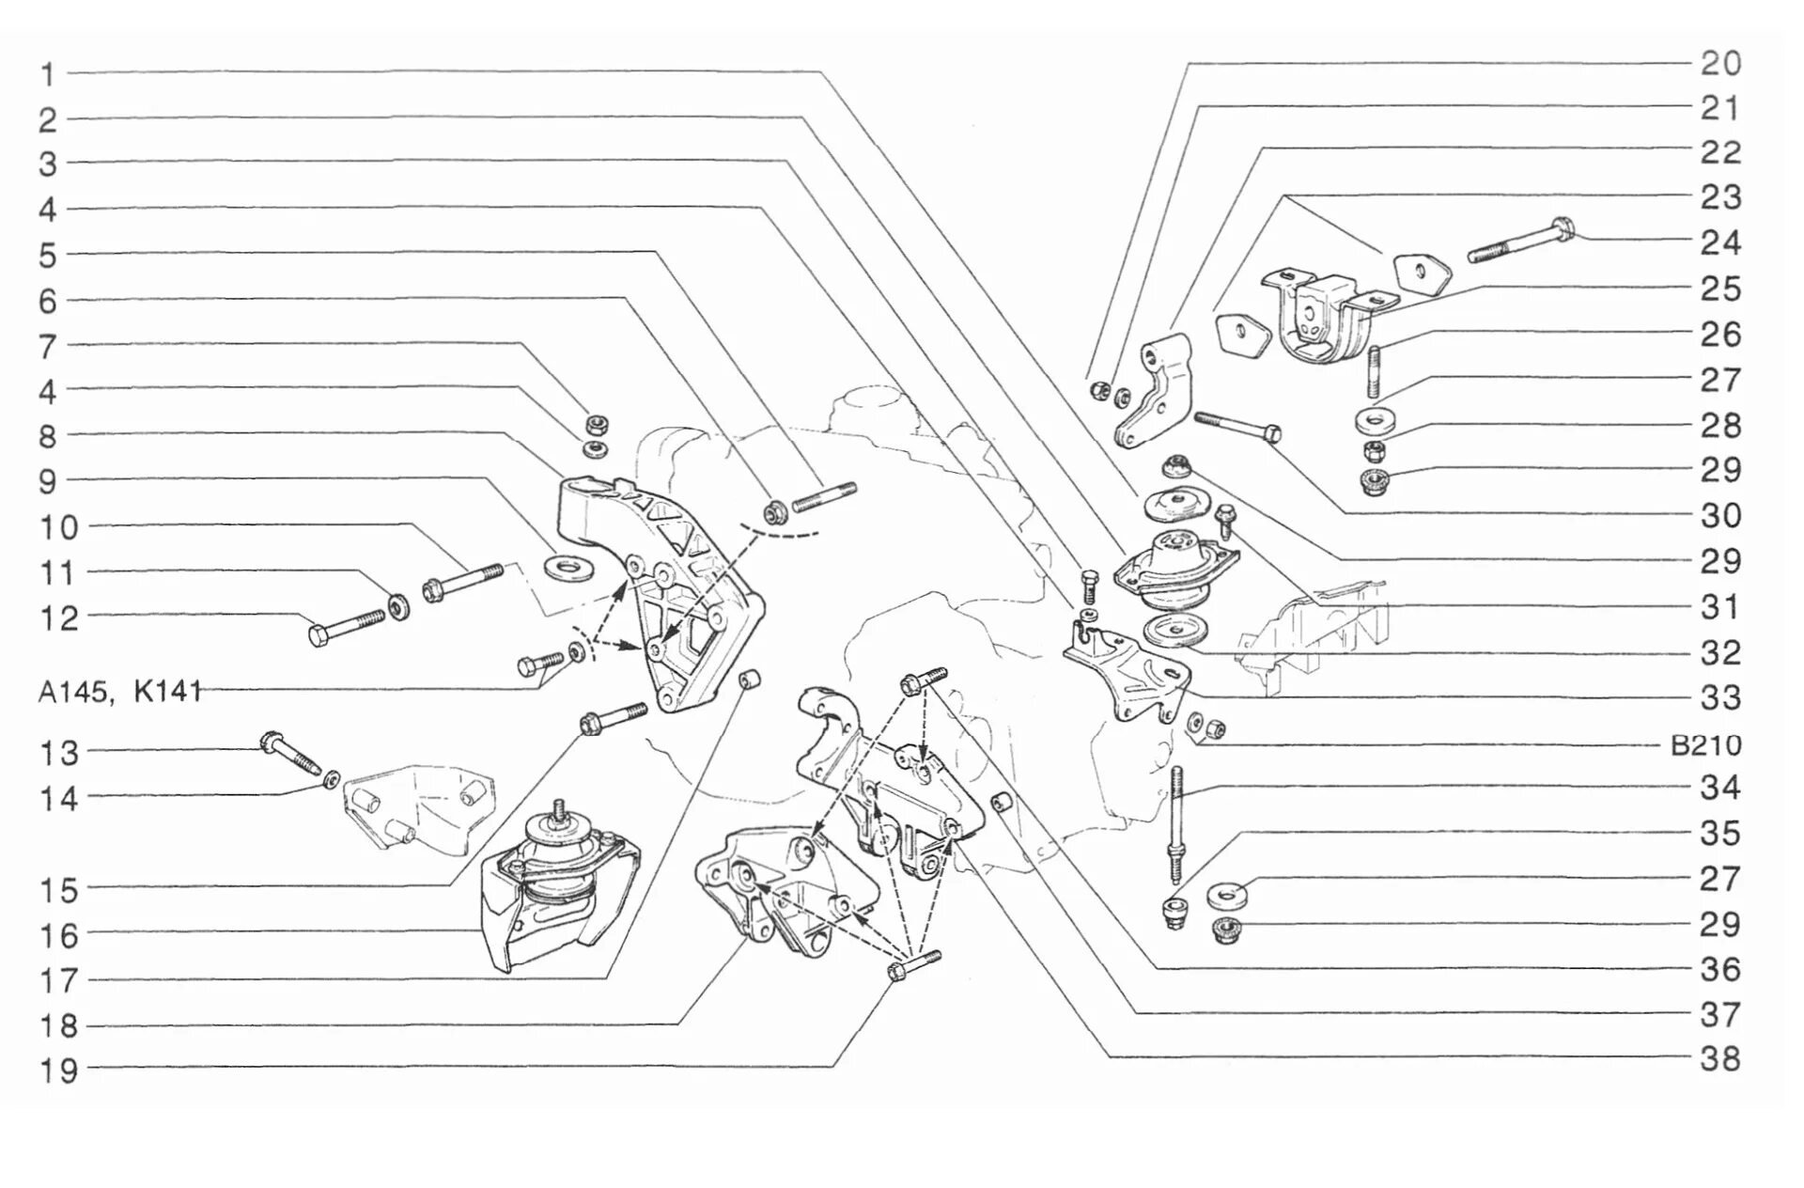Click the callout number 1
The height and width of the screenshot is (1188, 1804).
pyautogui.click(x=48, y=74)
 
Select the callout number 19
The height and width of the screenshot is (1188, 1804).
pyautogui.click(x=57, y=1071)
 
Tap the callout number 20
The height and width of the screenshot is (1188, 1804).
pyautogui.click(x=1721, y=64)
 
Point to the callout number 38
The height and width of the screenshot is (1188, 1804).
pyautogui.click(x=1721, y=1059)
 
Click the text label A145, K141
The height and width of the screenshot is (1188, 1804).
pyautogui.click(x=120, y=692)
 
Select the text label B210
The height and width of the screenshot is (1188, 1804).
pyautogui.click(x=1706, y=746)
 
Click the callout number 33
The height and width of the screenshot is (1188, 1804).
pyautogui.click(x=1721, y=697)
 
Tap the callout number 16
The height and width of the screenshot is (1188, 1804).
pyautogui.click(x=57, y=936)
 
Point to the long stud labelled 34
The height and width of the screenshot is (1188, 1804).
pyautogui.click(x=1176, y=824)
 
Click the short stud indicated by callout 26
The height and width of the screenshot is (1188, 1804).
pyautogui.click(x=1373, y=370)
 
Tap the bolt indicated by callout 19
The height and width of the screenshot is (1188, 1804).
pyautogui.click(x=913, y=966)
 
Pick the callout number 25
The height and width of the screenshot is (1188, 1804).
pyautogui.click(x=1721, y=289)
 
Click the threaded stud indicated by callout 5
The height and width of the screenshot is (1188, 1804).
pyautogui.click(x=824, y=496)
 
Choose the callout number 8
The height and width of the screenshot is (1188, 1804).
pyautogui.click(x=48, y=437)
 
